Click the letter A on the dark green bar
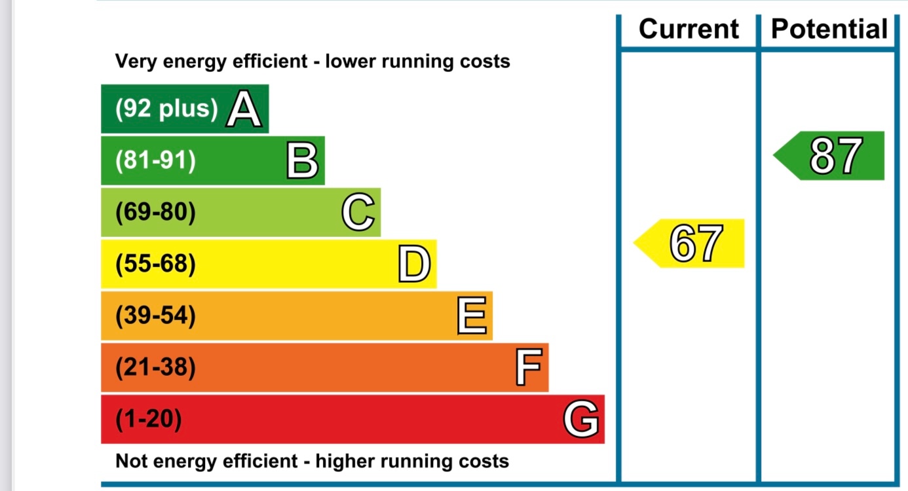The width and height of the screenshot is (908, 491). click(x=244, y=109)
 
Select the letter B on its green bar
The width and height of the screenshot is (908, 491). click(x=302, y=161)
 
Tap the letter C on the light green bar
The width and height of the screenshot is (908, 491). click(x=358, y=213)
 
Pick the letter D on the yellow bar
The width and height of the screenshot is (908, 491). click(x=415, y=265)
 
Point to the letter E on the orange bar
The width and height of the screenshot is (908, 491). click(x=472, y=316)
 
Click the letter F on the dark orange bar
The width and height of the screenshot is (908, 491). click(x=528, y=368)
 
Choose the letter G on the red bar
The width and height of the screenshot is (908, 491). click(x=581, y=420)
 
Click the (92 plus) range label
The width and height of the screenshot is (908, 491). click(x=166, y=109)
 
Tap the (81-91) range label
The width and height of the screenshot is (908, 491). click(x=155, y=160)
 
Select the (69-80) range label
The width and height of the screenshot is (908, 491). click(x=155, y=213)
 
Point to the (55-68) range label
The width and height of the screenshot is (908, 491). click(x=155, y=264)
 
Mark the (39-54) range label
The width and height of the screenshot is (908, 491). click(x=155, y=316)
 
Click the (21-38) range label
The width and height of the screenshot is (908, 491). click(x=155, y=368)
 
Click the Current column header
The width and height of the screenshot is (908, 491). click(x=689, y=29)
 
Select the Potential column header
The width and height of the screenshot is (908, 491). click(x=829, y=29)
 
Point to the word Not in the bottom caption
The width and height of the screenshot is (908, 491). click(x=130, y=461)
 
